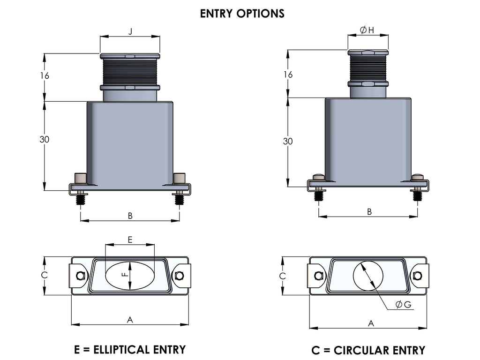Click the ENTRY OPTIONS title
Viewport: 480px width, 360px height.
pos(242,14)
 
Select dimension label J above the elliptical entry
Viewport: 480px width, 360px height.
pos(130,31)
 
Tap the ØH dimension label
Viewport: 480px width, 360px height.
pos(367,30)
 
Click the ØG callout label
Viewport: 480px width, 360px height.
pos(403,305)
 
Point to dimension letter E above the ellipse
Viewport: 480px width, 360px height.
pos(130,240)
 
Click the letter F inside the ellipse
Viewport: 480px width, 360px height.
pos(125,276)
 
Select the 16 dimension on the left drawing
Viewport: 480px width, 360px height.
pos(45,75)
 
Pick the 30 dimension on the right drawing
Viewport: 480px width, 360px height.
pos(288,141)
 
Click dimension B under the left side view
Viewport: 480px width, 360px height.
pos(130,216)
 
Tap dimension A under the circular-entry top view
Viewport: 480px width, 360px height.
pos(371,323)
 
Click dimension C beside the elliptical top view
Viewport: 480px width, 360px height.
pos(44,276)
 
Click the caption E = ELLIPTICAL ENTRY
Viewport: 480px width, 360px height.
pos(130,349)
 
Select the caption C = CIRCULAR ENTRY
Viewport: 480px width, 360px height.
pos(368,350)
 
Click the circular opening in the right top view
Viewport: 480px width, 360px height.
pos(368,275)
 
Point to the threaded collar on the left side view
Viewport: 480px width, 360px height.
pos(130,71)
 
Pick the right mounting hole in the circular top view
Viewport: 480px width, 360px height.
pos(418,276)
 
